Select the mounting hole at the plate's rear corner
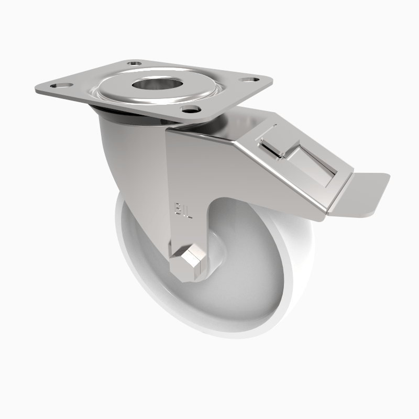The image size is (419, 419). click(136, 63)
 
